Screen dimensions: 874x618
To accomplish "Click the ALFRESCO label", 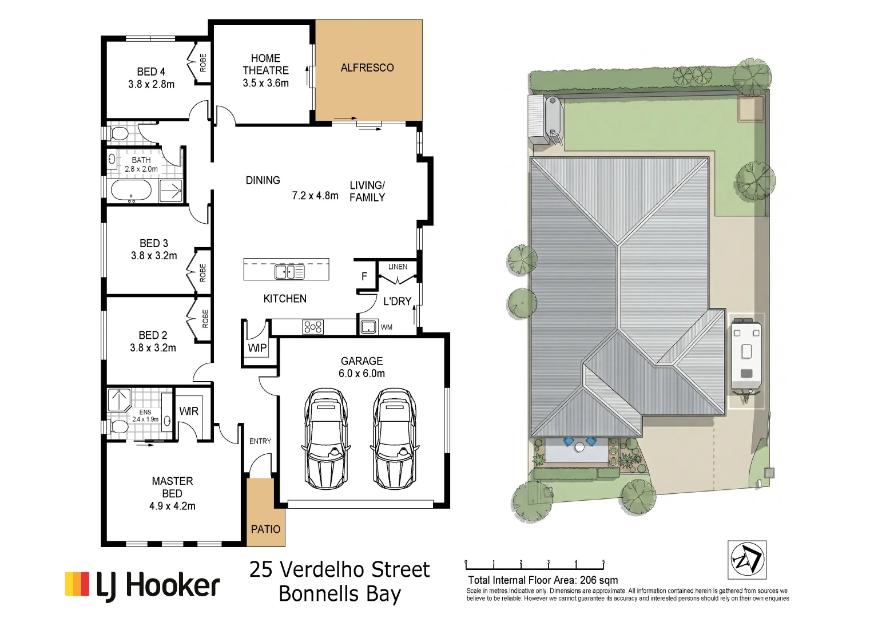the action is click(367, 68).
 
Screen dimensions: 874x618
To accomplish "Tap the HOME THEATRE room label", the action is click(266, 65).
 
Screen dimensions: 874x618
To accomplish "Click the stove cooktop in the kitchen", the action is click(313, 327).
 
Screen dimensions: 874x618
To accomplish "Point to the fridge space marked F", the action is click(364, 277).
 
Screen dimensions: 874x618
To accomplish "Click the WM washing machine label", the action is click(386, 327).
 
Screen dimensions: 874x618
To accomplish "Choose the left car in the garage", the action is click(326, 438).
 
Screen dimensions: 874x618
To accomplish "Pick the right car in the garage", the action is click(395, 438).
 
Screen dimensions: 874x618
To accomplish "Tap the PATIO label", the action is click(266, 529).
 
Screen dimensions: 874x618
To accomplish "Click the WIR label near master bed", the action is click(189, 411).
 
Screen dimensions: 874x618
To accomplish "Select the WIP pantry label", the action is click(257, 348).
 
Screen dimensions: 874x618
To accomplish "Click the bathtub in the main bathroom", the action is click(131, 191).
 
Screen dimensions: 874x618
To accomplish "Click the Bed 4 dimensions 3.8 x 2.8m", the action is click(152, 84).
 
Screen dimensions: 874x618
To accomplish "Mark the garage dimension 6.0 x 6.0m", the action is click(361, 374).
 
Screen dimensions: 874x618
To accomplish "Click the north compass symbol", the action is click(747, 560).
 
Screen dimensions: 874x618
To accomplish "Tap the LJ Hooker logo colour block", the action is click(77, 584).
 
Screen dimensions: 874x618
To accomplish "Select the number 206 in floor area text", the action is click(587, 580).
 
